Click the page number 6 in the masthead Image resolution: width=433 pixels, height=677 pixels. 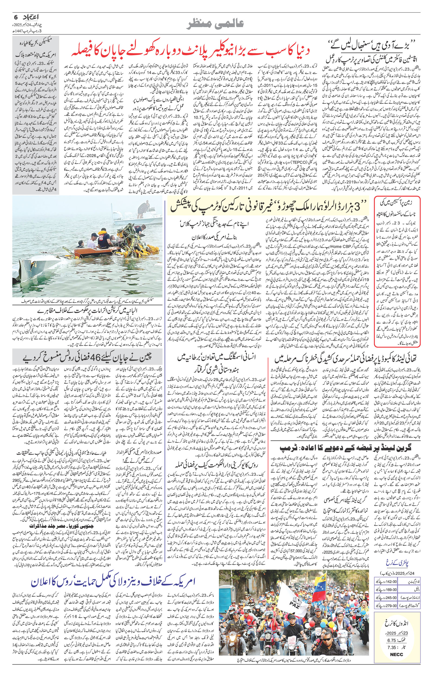[16, 17]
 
